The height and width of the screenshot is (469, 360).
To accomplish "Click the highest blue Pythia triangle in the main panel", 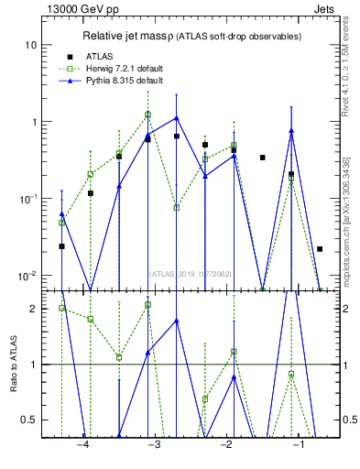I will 176,117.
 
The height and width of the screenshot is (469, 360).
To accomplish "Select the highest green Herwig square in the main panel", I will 147,115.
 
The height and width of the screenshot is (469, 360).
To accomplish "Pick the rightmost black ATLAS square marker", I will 320,248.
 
